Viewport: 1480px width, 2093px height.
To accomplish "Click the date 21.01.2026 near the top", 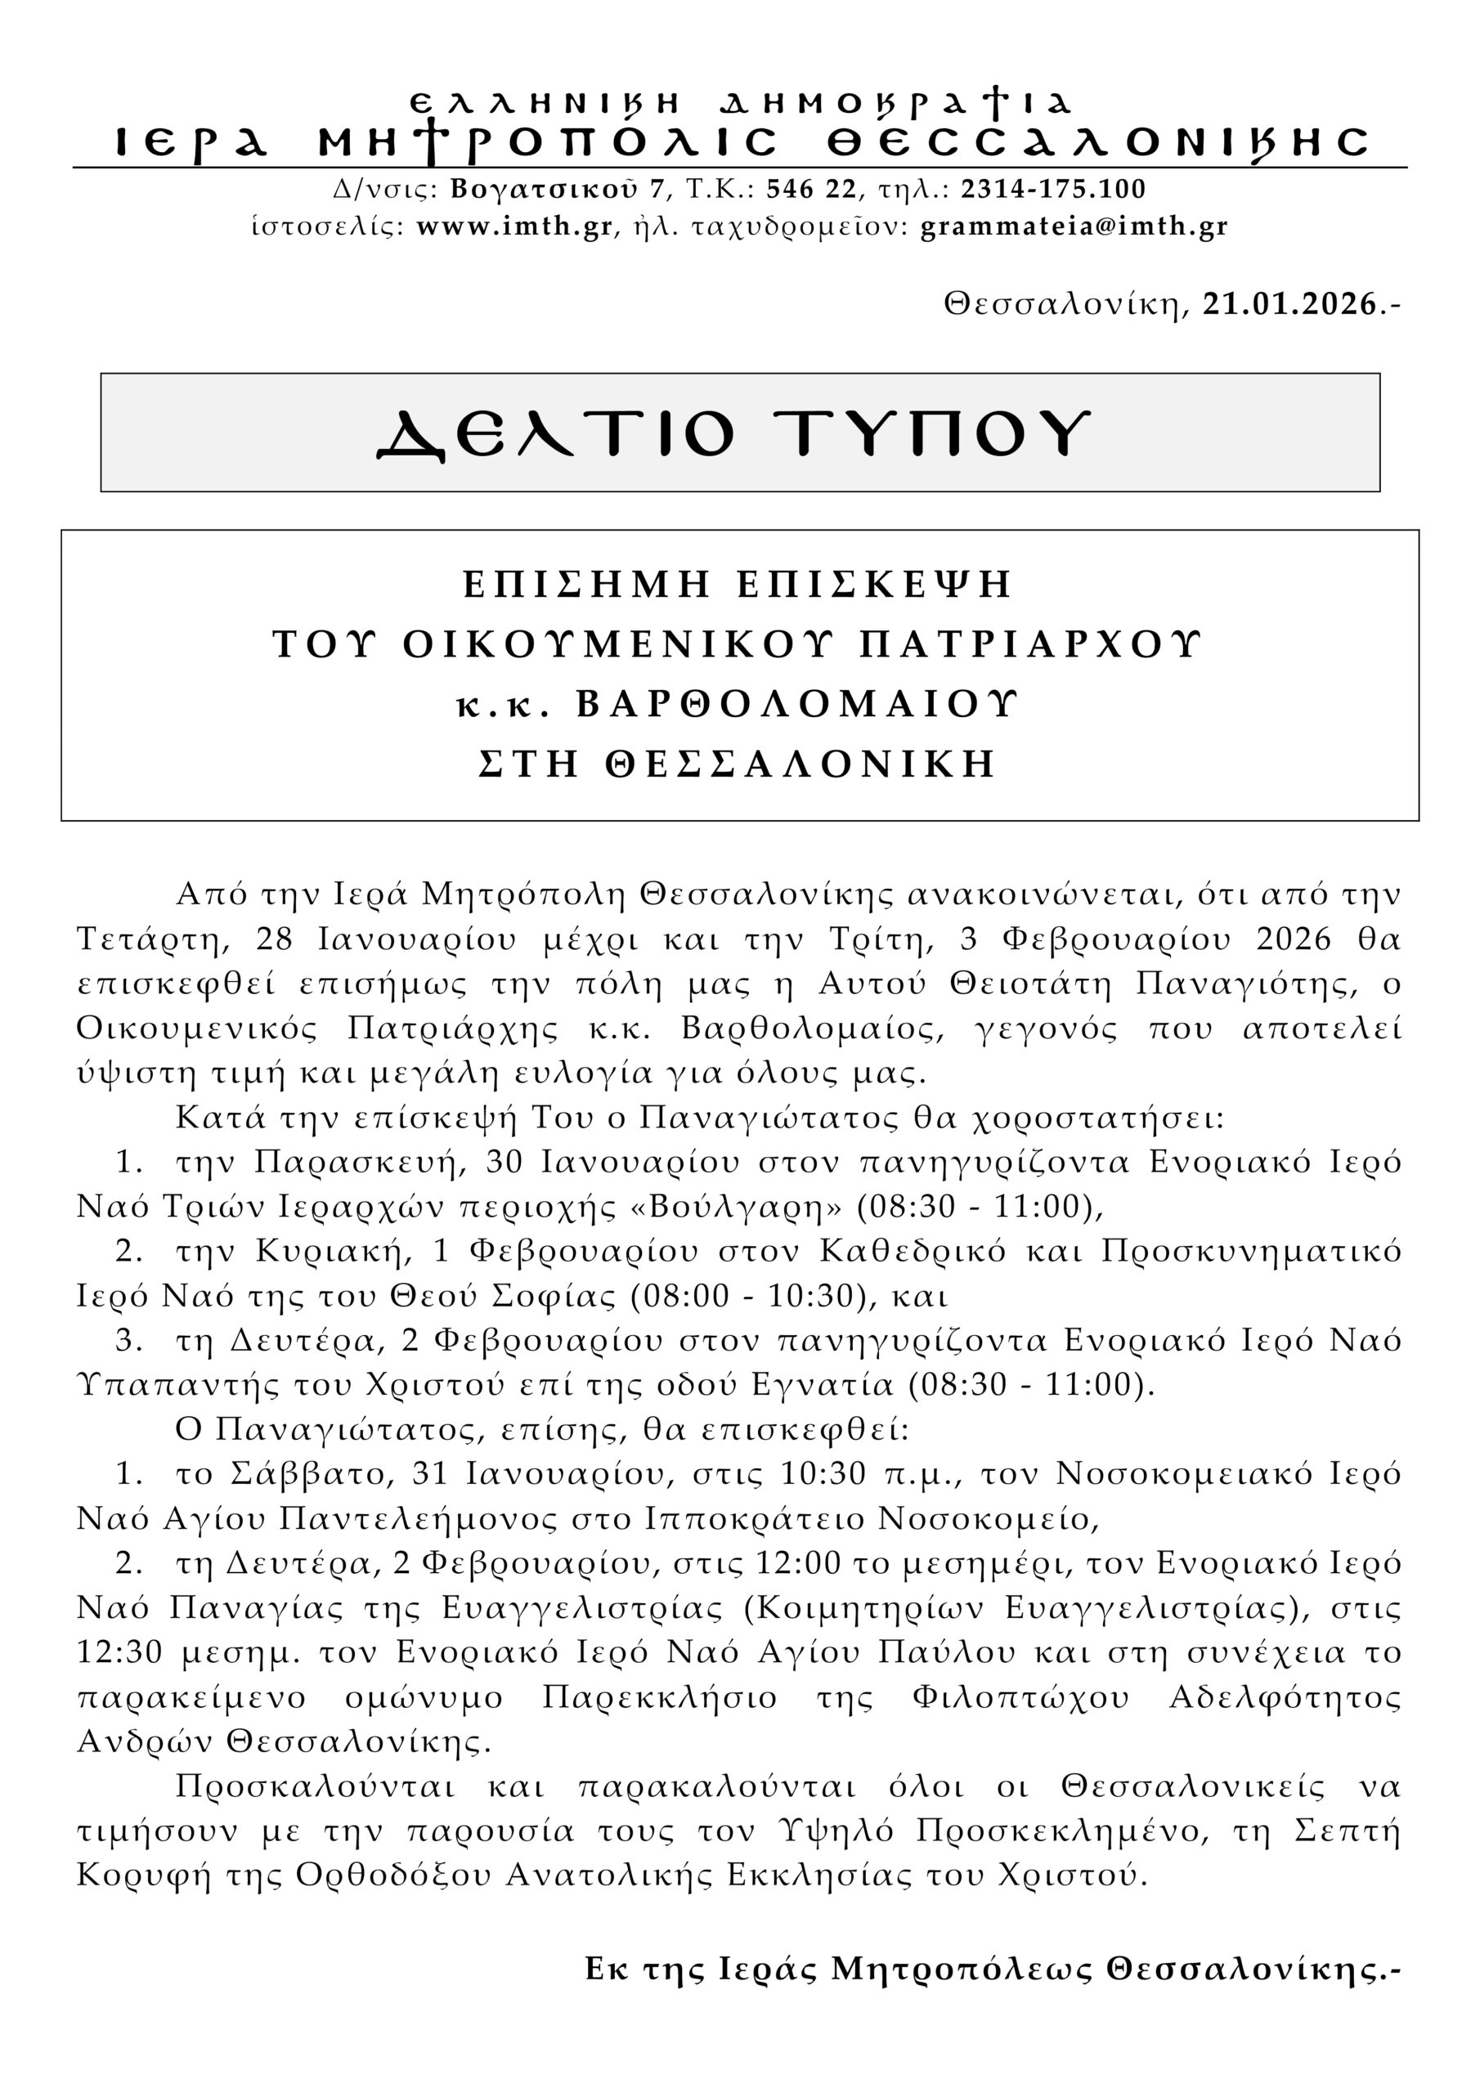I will tap(1289, 303).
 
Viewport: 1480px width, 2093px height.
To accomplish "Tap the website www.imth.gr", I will tap(514, 226).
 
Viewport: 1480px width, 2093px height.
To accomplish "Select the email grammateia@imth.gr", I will tap(1074, 226).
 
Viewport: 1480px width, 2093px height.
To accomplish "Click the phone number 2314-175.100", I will tap(1053, 189).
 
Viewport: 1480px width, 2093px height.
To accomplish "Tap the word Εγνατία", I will tap(823, 1385).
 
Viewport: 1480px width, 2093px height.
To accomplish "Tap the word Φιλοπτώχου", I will tap(1020, 1697).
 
